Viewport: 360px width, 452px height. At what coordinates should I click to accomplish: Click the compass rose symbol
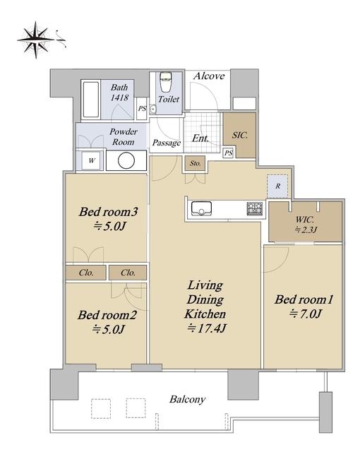coord(36,40)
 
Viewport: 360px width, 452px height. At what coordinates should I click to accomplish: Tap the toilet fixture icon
coord(166,82)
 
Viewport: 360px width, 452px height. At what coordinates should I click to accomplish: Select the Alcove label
coord(209,76)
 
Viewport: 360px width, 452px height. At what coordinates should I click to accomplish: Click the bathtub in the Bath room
coord(91,100)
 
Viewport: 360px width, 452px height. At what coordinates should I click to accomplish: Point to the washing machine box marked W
coord(91,160)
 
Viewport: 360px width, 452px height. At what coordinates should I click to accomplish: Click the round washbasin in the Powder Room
coord(126,160)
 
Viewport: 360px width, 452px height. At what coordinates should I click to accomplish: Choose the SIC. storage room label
coord(240,135)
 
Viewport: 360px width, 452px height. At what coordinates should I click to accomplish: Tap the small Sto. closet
coord(195,163)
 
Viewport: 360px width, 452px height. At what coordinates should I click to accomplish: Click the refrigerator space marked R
coord(277,186)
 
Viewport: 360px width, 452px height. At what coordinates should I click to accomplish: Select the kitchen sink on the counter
coord(201,208)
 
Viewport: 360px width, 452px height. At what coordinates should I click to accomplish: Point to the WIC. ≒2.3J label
coord(306,225)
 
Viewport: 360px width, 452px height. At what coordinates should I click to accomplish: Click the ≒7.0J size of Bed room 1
coord(305,314)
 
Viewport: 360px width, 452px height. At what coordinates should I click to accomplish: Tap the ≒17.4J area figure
coord(207,328)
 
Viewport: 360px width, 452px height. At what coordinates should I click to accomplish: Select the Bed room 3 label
coord(109,212)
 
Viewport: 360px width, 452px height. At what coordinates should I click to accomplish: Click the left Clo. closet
coord(86,273)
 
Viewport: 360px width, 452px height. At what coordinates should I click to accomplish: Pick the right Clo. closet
coord(128,273)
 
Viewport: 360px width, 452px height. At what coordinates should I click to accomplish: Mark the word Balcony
coord(188,400)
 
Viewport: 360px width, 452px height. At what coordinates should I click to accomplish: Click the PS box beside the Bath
coord(142,109)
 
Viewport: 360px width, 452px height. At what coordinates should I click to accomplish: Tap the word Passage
coord(167,143)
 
